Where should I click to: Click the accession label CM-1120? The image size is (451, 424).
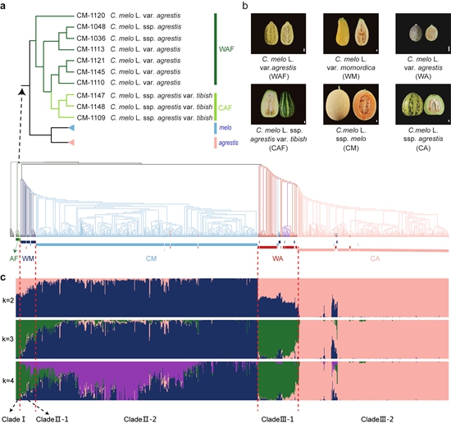coord(91,16)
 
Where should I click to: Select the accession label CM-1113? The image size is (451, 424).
coord(91,49)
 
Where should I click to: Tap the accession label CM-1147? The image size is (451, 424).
coord(91,95)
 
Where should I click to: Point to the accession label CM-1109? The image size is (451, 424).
coord(91,117)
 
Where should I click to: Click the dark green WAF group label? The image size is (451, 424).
coord(226,49)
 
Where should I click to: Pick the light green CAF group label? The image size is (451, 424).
coord(225,108)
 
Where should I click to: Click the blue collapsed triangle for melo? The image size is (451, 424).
coord(71,128)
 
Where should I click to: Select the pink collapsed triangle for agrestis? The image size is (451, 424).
coord(71,143)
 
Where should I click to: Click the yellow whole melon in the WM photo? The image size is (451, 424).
coord(342,32)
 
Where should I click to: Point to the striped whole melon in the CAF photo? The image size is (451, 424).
coord(286,104)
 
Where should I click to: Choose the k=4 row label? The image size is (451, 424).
coord(7,381)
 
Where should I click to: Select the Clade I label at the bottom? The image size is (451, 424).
coord(13,419)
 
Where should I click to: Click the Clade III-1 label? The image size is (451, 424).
coord(277,419)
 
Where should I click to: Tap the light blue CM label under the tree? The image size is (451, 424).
coord(151,258)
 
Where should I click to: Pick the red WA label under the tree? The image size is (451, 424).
coord(277,258)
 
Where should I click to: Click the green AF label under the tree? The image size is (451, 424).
coord(13,258)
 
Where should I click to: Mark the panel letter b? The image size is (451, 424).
coord(245,6)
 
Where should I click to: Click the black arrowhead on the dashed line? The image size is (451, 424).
coord(22,91)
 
